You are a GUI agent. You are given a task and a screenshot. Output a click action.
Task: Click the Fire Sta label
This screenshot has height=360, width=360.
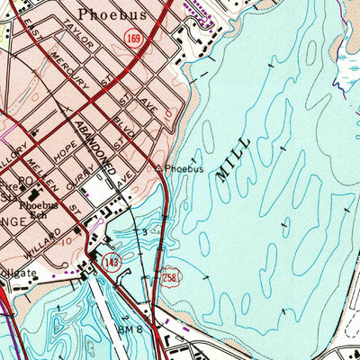[11, 192]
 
